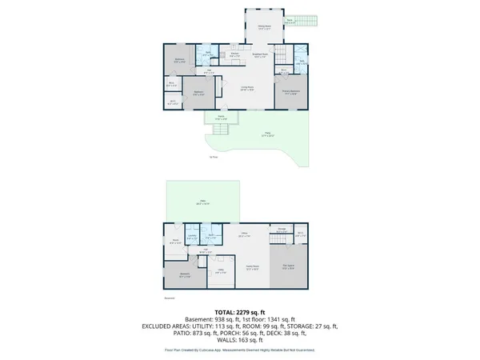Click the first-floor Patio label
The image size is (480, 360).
click(266, 134)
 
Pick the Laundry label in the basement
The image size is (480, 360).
click(192, 236)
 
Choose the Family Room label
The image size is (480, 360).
click(252, 267)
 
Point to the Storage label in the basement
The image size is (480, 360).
click(281, 230)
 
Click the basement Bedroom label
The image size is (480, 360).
click(185, 275)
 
